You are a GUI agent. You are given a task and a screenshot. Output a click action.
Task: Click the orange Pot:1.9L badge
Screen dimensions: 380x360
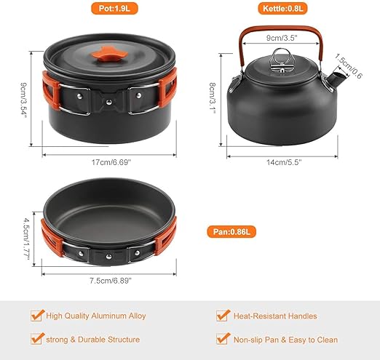[114, 9]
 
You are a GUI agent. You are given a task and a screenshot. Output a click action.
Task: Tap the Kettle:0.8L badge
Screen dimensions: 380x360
[282, 9]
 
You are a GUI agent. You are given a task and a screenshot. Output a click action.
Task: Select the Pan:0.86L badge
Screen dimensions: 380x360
[231, 232]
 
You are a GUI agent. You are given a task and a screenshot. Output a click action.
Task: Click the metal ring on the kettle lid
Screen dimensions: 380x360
[281, 56]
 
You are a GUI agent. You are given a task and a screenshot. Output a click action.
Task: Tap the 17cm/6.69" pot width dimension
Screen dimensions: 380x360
[111, 162]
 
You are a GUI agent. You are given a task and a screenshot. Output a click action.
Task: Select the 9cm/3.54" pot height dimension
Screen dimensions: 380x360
[23, 100]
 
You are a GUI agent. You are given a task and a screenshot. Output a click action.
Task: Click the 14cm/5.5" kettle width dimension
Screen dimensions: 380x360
[284, 162]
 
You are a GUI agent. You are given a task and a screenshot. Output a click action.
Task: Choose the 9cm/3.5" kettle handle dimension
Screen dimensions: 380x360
[282, 38]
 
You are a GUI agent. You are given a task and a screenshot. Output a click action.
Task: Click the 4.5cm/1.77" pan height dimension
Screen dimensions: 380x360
[26, 239]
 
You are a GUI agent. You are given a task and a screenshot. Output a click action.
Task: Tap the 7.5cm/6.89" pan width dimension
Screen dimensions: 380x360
[111, 281]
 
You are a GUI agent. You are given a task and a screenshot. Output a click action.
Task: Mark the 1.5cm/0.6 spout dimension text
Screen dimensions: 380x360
[348, 65]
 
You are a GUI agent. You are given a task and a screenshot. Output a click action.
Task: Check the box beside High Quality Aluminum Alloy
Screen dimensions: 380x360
[37, 316]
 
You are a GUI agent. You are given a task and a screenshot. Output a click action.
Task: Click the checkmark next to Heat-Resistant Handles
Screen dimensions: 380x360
[223, 316]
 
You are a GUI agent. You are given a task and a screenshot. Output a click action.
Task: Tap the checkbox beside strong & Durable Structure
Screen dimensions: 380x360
[37, 339]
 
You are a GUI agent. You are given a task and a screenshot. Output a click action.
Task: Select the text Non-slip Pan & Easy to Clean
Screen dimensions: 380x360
[285, 340]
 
